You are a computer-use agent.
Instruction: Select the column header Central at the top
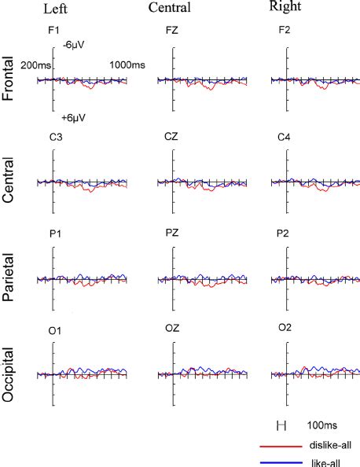click(x=171, y=8)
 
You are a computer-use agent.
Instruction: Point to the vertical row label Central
click(x=11, y=183)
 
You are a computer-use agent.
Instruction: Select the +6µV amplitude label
click(x=74, y=118)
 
